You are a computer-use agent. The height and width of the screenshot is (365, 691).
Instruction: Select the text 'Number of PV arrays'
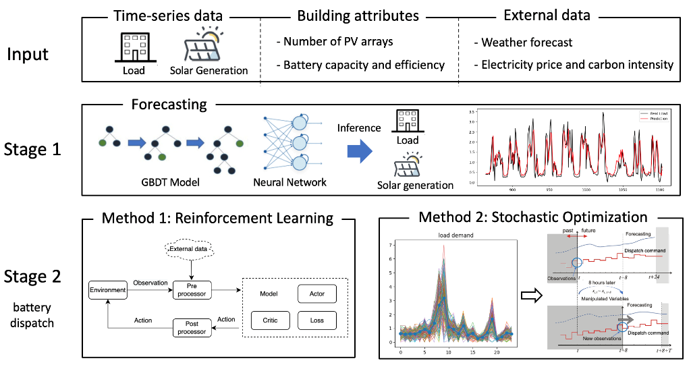[x=335, y=42]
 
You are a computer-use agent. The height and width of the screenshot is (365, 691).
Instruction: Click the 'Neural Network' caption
[x=290, y=182]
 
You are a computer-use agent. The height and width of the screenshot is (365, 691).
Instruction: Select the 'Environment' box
[x=107, y=290]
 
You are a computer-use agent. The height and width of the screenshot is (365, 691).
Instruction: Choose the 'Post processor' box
[x=192, y=328]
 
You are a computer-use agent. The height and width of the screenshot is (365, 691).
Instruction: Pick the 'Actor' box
[x=316, y=293]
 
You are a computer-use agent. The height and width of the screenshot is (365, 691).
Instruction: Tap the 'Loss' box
[x=316, y=320]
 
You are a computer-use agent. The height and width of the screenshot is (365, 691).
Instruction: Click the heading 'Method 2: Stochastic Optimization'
[x=533, y=217]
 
